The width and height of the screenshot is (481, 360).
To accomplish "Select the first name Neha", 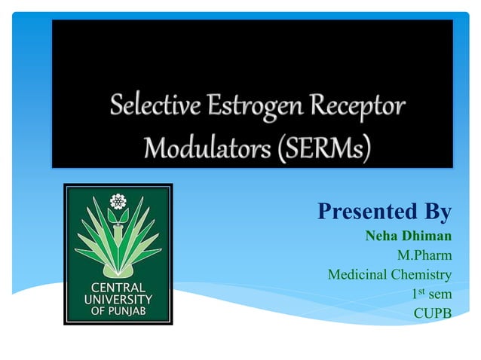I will click(381, 236).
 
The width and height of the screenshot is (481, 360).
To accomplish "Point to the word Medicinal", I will click(358, 274).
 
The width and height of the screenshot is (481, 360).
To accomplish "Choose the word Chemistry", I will click(421, 274).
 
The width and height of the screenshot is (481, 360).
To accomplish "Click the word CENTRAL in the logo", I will click(118, 288).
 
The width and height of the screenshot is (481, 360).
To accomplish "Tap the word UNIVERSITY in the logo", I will click(118, 299).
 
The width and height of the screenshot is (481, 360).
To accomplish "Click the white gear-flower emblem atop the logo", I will click(117, 201).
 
